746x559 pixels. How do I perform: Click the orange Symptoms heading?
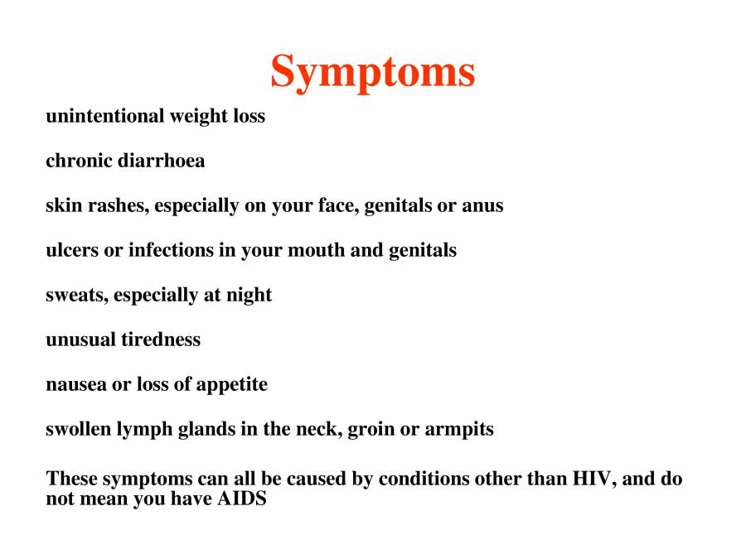click(x=373, y=71)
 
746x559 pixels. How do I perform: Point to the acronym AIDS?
click(x=241, y=499)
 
